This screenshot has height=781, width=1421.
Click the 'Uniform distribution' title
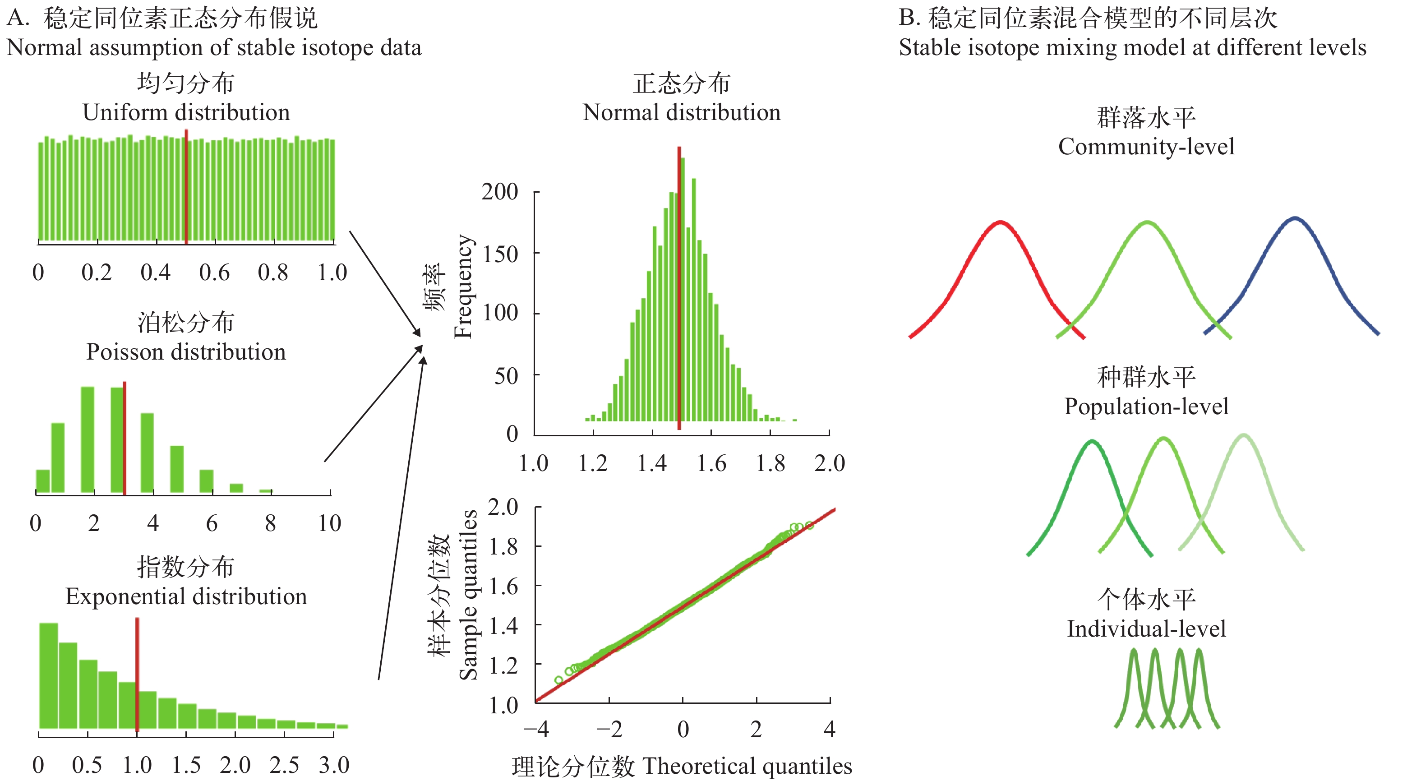(x=186, y=112)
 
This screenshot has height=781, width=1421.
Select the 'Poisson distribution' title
(x=186, y=352)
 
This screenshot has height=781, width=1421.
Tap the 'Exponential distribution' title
(x=186, y=597)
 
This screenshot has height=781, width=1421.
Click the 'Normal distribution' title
(x=681, y=112)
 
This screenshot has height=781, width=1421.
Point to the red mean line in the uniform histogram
(x=186, y=188)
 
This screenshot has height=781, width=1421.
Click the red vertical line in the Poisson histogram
(x=125, y=439)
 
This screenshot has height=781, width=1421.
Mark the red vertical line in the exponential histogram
(x=137, y=676)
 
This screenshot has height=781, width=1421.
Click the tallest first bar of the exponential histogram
(x=49, y=676)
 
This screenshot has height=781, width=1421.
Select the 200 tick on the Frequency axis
(x=499, y=192)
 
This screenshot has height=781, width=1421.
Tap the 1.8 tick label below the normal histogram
(x=770, y=463)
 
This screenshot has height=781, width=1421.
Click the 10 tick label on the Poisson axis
(x=329, y=523)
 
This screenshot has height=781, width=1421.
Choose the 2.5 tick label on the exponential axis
(x=284, y=765)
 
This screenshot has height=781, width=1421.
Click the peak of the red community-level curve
(x=1000, y=222)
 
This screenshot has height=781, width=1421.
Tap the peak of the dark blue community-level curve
(x=1295, y=218)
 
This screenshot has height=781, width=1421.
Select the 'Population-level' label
(x=1146, y=407)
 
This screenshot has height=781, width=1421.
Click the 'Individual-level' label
(x=1146, y=629)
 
